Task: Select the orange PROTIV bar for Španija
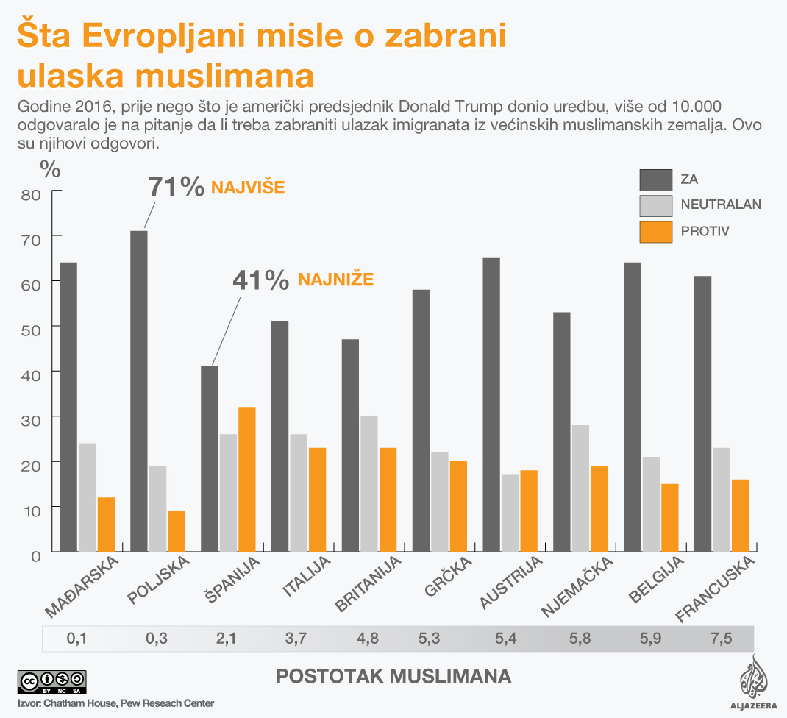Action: point(246,479)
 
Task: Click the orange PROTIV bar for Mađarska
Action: point(105,525)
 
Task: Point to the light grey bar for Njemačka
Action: point(580,488)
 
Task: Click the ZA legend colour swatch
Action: point(656,179)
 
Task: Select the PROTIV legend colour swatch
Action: point(656,231)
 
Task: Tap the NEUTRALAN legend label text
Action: point(721,205)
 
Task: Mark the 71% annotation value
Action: point(177,187)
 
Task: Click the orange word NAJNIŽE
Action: point(335,280)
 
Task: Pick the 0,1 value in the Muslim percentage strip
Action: point(77,638)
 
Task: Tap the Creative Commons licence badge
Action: point(51,680)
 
